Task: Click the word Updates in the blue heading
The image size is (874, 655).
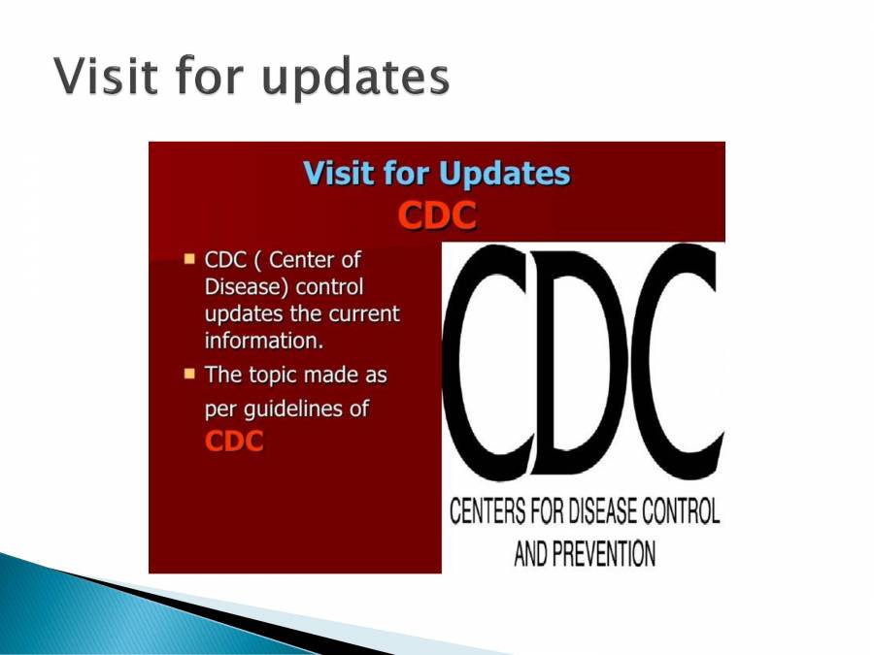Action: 504,174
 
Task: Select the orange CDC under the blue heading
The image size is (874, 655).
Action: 437,215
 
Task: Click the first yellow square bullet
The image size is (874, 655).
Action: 189,259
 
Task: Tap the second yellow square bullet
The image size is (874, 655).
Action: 189,373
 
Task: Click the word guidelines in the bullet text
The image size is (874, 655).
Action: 288,409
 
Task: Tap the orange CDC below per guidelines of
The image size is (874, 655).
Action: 235,441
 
